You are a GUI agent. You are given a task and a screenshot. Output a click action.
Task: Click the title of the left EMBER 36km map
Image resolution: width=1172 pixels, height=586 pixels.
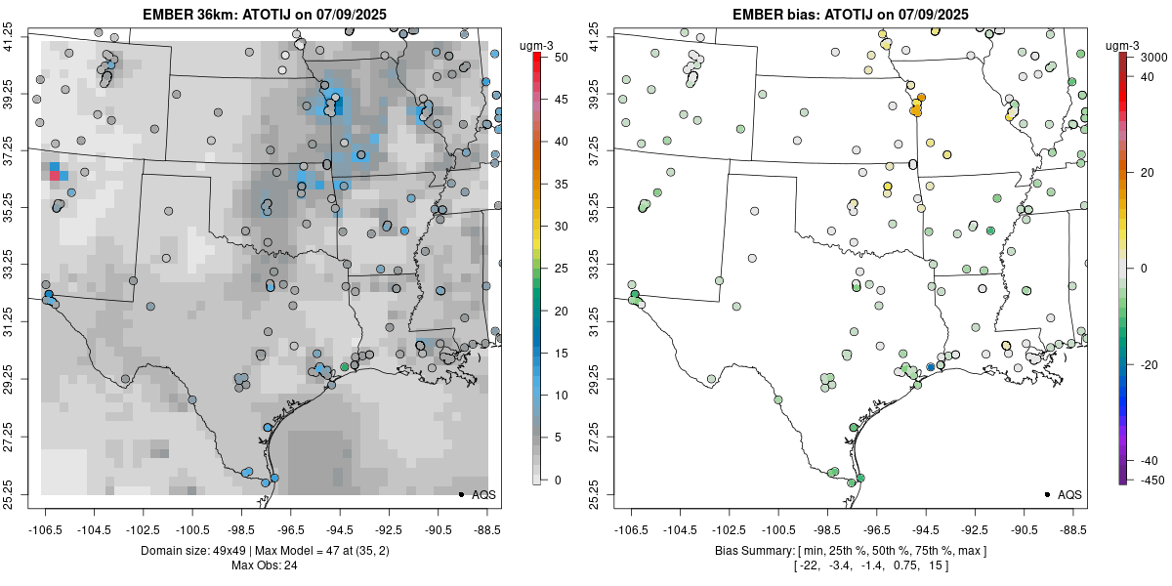265,14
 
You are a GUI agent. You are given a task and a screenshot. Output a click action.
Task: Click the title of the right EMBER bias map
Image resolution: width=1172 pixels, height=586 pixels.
851,14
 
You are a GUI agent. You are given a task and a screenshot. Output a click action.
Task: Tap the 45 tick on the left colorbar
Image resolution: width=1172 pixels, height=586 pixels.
561,100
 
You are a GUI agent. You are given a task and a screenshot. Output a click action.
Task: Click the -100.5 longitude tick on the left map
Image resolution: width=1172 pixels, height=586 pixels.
192,530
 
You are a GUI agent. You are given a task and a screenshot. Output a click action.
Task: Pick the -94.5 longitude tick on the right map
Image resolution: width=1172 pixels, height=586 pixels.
926,530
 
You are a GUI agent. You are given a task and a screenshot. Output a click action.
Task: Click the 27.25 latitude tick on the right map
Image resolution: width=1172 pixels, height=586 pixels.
595,437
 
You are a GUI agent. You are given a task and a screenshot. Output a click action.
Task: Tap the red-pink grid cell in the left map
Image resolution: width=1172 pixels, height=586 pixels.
55,176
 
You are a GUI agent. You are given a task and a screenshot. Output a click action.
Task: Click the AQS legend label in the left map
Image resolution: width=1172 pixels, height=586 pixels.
483,495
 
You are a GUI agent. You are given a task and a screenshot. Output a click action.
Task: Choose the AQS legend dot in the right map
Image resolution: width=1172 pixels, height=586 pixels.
1047,494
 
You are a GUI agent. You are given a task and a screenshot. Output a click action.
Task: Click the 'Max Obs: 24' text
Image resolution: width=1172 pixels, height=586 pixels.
265,565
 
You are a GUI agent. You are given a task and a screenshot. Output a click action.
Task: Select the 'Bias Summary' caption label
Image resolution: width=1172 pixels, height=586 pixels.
754,551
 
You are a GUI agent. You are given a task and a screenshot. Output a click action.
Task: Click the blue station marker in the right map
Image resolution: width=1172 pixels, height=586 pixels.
930,367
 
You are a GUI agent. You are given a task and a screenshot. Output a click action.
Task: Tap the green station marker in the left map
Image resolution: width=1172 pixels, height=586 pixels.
344,367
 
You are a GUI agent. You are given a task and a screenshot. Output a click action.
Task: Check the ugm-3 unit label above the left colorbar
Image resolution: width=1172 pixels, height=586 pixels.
536,46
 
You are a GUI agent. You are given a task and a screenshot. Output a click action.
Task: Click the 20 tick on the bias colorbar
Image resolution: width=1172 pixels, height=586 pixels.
1147,173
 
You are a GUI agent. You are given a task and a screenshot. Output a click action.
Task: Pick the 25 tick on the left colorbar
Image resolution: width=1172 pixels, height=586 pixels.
561,269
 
